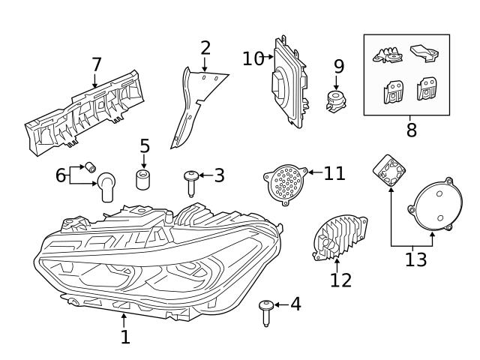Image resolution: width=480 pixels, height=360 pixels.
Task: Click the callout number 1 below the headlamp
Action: pyautogui.click(x=125, y=337)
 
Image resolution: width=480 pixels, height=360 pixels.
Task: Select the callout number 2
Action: pyautogui.click(x=205, y=49)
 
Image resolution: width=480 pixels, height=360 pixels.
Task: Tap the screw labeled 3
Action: pyautogui.click(x=191, y=181)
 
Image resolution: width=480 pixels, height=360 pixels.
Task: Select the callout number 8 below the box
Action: pyautogui.click(x=411, y=130)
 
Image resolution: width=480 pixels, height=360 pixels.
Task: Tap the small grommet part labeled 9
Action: pyautogui.click(x=336, y=101)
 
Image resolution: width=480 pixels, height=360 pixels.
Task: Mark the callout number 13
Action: pyautogui.click(x=415, y=259)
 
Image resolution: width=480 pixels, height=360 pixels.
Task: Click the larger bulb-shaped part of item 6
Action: pyautogui.click(x=107, y=186)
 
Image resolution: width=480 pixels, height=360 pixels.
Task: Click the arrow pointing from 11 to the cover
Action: pyautogui.click(x=314, y=173)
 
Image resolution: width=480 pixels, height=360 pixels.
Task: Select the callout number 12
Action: pyautogui.click(x=340, y=280)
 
